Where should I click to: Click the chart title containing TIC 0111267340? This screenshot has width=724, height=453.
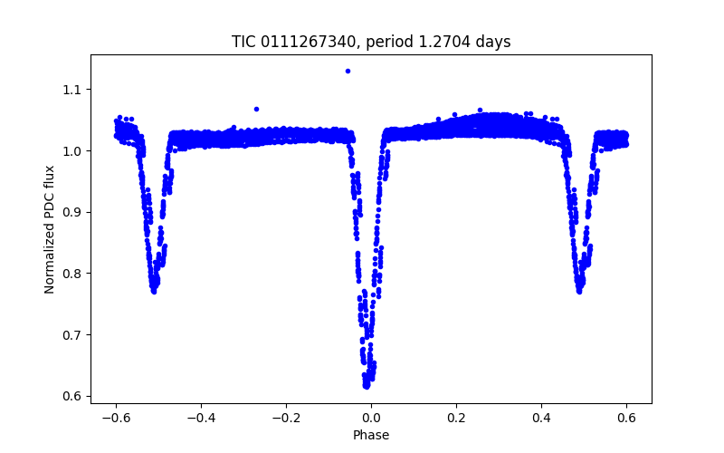[x=371, y=42]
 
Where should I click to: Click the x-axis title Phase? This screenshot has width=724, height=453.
[x=371, y=435]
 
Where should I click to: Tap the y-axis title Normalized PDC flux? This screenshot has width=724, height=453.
[x=51, y=229]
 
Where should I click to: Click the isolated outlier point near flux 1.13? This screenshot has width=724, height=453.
[x=348, y=71]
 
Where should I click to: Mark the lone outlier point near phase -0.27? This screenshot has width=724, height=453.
[x=256, y=109]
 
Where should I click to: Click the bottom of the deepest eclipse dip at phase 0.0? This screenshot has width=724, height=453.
[x=367, y=384]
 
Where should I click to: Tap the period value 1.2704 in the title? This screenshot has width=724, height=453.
[x=452, y=42]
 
